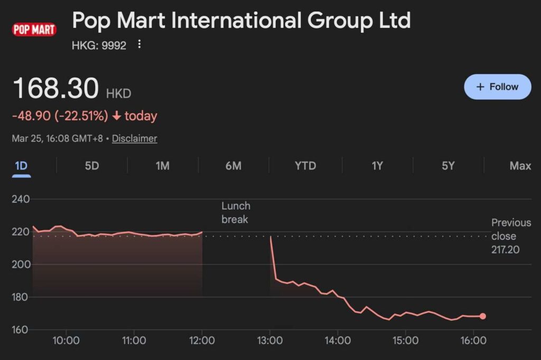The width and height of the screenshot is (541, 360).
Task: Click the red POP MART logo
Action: point(34,30)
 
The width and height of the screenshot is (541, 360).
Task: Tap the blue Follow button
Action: point(497,87)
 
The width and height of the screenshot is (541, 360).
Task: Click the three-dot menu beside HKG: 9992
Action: point(139,44)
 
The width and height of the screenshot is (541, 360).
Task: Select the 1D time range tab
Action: point(21,166)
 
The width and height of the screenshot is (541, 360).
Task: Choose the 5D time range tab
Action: point(92,166)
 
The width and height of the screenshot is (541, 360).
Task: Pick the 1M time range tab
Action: point(162,166)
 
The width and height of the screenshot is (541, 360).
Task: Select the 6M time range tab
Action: point(233,166)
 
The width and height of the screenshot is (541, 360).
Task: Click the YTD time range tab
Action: point(305,166)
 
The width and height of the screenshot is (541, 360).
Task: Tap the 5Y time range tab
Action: point(448,166)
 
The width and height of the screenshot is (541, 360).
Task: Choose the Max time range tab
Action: point(520,166)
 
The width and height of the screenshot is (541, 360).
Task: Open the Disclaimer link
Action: point(134,139)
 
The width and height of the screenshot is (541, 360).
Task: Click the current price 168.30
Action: point(55,88)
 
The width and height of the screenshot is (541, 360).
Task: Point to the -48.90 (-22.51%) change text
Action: point(60,116)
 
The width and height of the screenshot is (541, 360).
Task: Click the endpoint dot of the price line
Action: point(482,316)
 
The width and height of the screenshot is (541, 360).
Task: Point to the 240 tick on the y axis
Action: point(21,199)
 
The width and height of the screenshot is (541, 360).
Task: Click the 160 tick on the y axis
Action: point(21,330)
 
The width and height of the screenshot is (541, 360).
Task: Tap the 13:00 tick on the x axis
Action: point(270,341)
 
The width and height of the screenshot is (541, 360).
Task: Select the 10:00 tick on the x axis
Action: point(66,341)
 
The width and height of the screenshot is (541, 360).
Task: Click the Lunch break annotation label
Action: point(236,212)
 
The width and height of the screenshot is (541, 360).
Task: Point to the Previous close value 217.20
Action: point(506,250)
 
